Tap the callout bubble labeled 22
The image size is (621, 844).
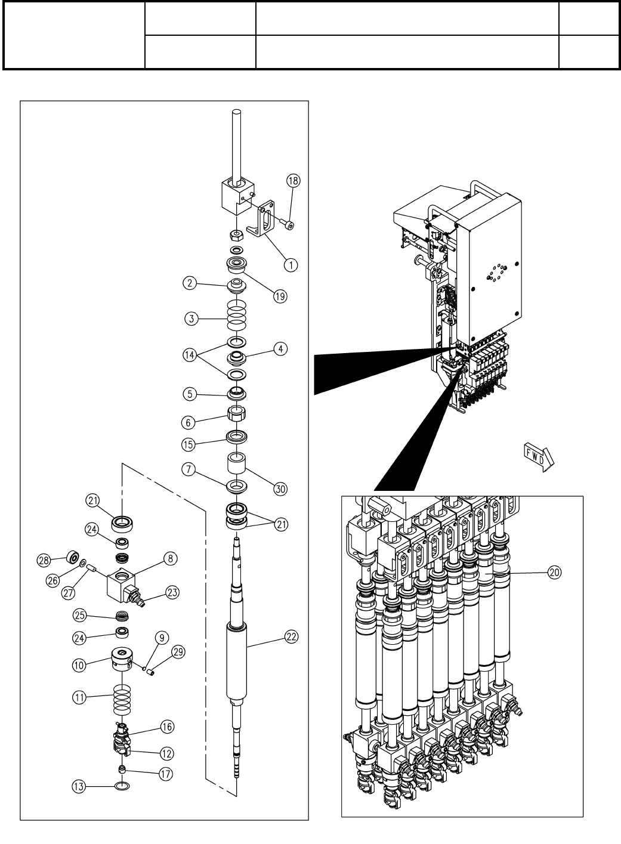pyautogui.click(x=291, y=636)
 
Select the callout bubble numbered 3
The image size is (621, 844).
pyautogui.click(x=191, y=319)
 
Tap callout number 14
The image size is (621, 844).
pyautogui.click(x=190, y=354)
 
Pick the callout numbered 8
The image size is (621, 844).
pyautogui.click(x=171, y=559)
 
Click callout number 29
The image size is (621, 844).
pyautogui.click(x=177, y=651)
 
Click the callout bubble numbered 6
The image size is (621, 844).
pyautogui.click(x=190, y=421)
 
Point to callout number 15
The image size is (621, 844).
pyautogui.click(x=190, y=444)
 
